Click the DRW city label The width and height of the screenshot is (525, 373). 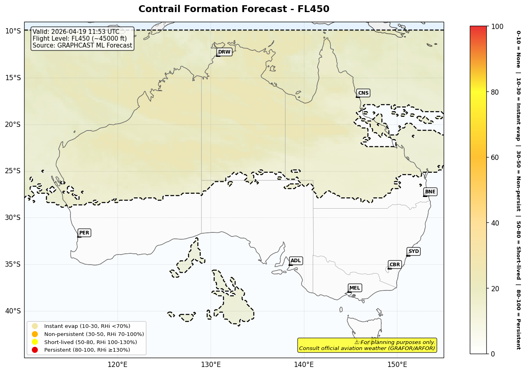click(224, 52)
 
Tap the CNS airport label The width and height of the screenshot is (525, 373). click(363, 93)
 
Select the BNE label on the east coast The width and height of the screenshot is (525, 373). click(430, 192)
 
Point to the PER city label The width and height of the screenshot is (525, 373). click(84, 233)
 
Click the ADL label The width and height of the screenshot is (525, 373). click(296, 261)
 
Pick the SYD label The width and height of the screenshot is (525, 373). click(413, 251)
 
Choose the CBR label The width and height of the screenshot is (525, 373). click(395, 265)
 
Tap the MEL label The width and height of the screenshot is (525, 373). click(355, 288)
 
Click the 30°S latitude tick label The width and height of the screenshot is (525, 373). click(12, 218)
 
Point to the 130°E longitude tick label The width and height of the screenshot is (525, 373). click(211, 365)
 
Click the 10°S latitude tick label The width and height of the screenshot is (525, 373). click(12, 31)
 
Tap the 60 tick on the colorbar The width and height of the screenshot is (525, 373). click(495, 157)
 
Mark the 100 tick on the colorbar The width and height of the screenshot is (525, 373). click(497, 27)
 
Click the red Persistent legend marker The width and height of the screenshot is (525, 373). click(35, 350)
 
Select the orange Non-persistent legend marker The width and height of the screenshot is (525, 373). click(35, 334)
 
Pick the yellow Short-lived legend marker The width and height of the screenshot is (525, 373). click(35, 342)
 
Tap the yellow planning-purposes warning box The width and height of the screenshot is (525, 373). click(367, 345)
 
